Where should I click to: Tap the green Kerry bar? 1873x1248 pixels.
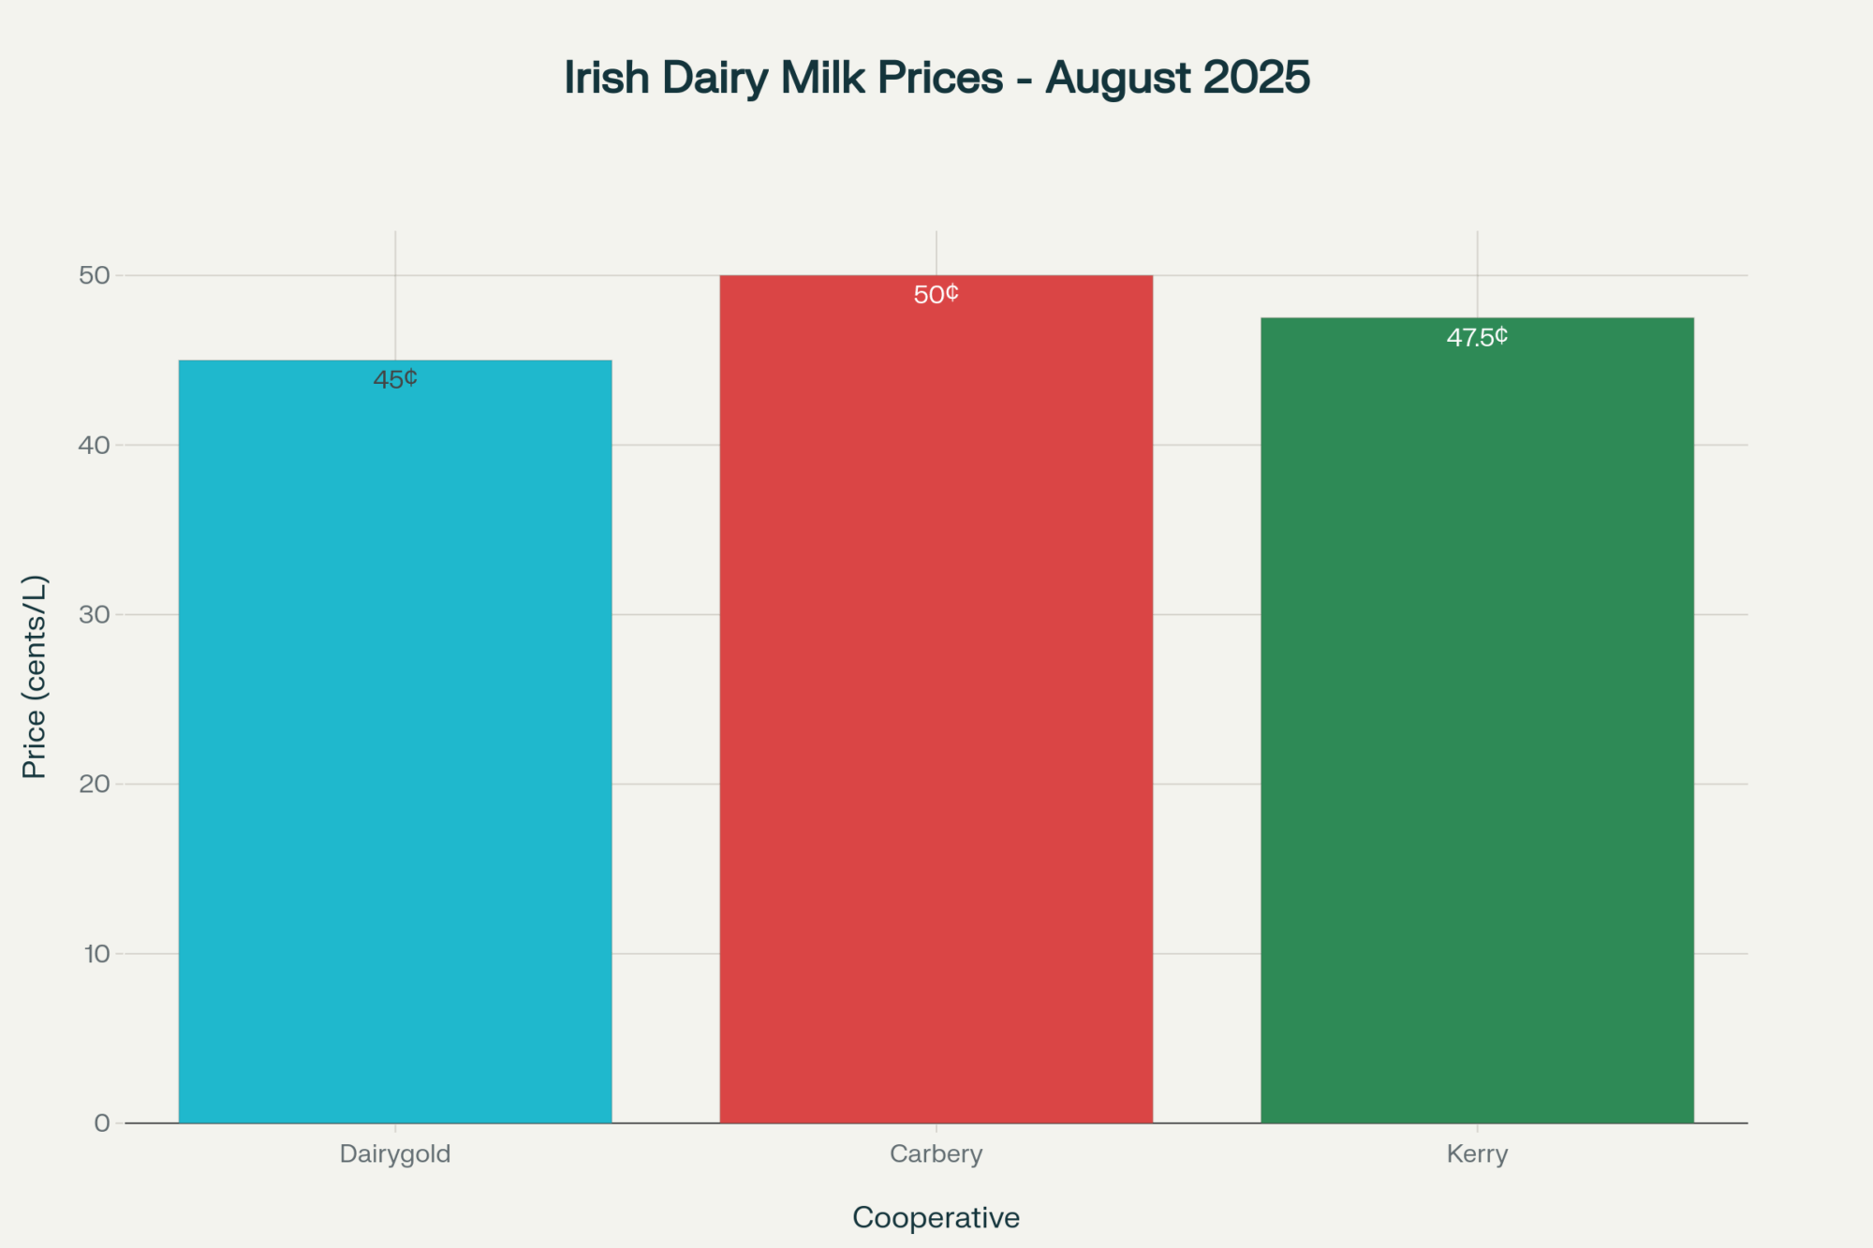point(1477,720)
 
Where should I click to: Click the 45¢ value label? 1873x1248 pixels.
point(395,379)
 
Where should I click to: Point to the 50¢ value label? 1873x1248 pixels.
point(936,295)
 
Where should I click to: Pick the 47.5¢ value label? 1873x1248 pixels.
point(1477,337)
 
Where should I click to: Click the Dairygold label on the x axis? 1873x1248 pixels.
point(395,1153)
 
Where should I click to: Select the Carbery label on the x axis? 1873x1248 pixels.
point(936,1153)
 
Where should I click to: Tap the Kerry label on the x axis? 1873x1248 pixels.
point(1477,1153)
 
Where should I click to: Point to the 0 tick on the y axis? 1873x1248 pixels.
point(102,1123)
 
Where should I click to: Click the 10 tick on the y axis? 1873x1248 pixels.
point(96,954)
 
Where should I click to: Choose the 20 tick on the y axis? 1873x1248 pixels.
point(95,785)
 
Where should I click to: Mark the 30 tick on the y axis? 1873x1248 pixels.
point(95,615)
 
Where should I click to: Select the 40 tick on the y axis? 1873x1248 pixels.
point(95,446)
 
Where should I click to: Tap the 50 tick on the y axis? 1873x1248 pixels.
point(95,275)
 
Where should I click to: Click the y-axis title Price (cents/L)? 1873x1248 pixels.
point(35,677)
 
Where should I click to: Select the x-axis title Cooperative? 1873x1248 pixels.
point(936,1217)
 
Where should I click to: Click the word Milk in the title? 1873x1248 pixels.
point(823,78)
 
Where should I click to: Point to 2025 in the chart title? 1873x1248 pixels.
point(1257,78)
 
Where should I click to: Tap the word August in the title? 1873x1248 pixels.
point(1118,78)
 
